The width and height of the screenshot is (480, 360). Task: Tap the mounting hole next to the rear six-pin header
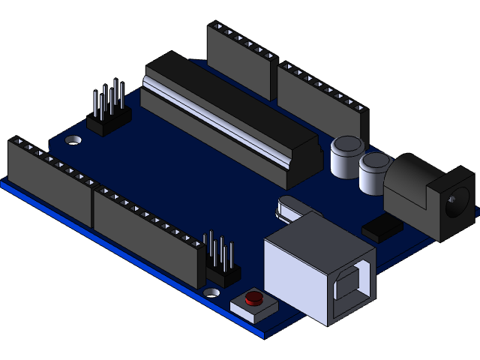(x=74, y=140)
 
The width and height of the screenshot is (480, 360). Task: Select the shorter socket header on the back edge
(x=238, y=60)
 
